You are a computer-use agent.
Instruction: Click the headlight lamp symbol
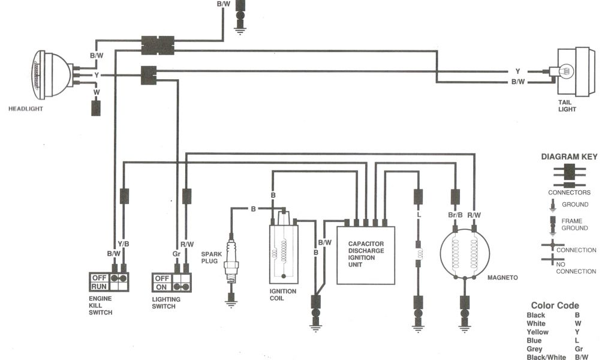pos(51,74)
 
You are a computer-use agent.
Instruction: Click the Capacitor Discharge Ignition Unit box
pos(366,254)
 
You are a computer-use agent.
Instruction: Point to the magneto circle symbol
pos(464,254)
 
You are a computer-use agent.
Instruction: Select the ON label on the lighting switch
pos(161,287)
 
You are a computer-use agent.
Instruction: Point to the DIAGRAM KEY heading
pos(569,157)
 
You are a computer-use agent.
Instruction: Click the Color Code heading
pos(555,305)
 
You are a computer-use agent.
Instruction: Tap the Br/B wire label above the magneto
pos(455,215)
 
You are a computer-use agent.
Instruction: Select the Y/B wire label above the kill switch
pos(124,244)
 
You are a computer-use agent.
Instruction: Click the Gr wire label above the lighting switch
pos(176,254)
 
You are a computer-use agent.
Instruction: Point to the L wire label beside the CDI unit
pos(418,215)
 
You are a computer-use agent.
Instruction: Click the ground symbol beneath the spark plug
pos(230,302)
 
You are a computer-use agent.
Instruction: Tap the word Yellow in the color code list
pos(537,332)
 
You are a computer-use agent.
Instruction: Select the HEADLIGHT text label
pos(26,109)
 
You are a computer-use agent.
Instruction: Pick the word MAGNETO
pos(502,278)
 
